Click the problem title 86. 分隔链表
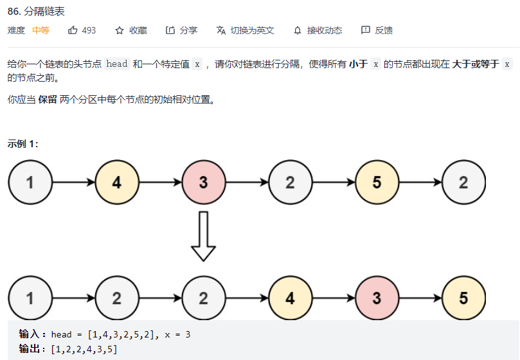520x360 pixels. tap(36, 12)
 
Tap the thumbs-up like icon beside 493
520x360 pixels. tap(73, 30)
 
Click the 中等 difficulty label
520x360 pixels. tap(40, 30)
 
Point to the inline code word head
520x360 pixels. tap(117, 64)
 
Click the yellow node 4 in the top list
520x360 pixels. tap(117, 183)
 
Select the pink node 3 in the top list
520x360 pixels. tap(204, 183)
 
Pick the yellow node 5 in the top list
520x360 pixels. tap(377, 183)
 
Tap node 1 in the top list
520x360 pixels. tap(30, 183)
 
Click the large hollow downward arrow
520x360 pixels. tap(204, 236)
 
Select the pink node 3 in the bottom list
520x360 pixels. tap(377, 299)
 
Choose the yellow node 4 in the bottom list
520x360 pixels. tap(291, 299)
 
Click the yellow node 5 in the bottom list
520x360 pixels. tap(464, 299)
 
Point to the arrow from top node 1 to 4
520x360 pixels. tap(73, 183)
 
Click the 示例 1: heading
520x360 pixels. tap(23, 144)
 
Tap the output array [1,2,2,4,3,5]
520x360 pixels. tap(80, 348)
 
